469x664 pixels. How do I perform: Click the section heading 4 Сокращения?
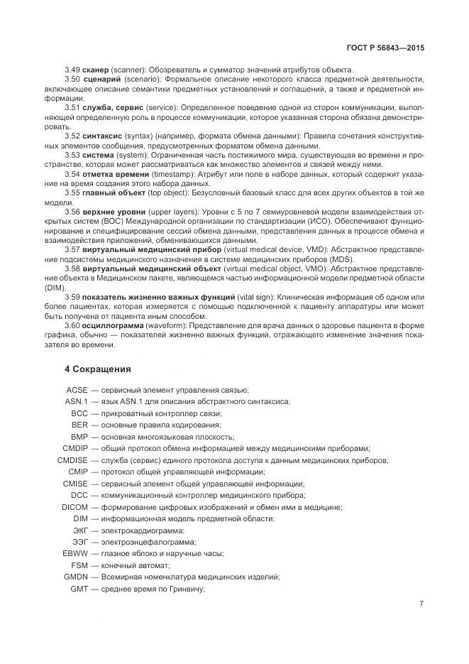click(98, 369)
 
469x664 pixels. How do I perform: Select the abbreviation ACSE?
click(77, 390)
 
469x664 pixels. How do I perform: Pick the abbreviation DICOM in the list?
click(74, 506)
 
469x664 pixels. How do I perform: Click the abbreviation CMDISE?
click(72, 459)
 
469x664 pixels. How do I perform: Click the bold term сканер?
click(96, 69)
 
